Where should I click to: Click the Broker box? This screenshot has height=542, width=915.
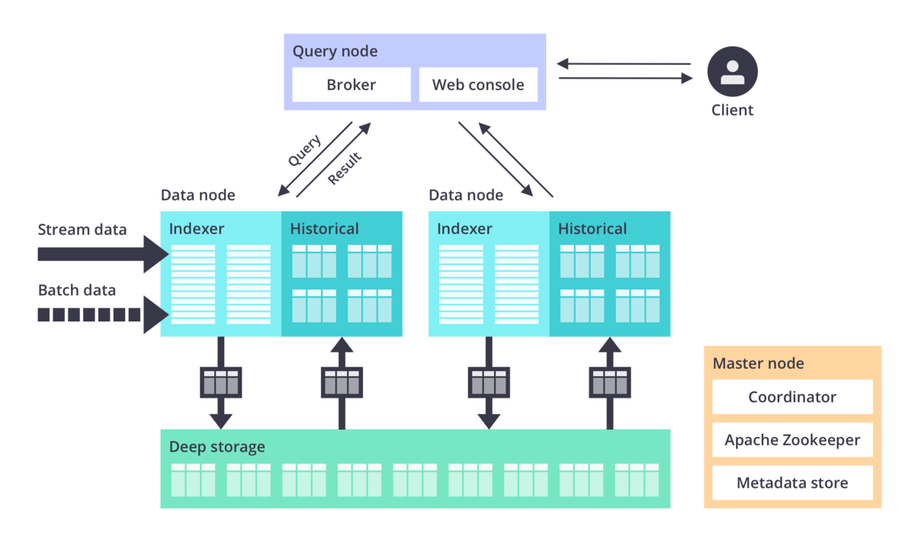[351, 85]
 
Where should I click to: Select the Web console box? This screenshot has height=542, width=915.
[478, 85]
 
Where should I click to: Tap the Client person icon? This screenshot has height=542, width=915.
[732, 72]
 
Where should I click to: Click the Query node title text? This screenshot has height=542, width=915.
[335, 52]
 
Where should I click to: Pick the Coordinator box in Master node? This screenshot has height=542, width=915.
[791, 397]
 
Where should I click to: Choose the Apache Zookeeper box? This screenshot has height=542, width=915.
[791, 440]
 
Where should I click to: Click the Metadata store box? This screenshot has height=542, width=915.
[791, 483]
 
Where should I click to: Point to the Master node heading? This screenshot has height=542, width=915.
[758, 363]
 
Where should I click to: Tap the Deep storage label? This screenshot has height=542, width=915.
[217, 447]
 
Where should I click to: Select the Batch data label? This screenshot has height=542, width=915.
[77, 291]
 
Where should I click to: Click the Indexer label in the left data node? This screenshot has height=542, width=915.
[197, 228]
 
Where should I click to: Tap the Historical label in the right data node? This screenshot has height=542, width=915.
[592, 228]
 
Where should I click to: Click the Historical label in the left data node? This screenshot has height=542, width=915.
[324, 228]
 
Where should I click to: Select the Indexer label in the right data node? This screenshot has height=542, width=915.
[464, 228]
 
